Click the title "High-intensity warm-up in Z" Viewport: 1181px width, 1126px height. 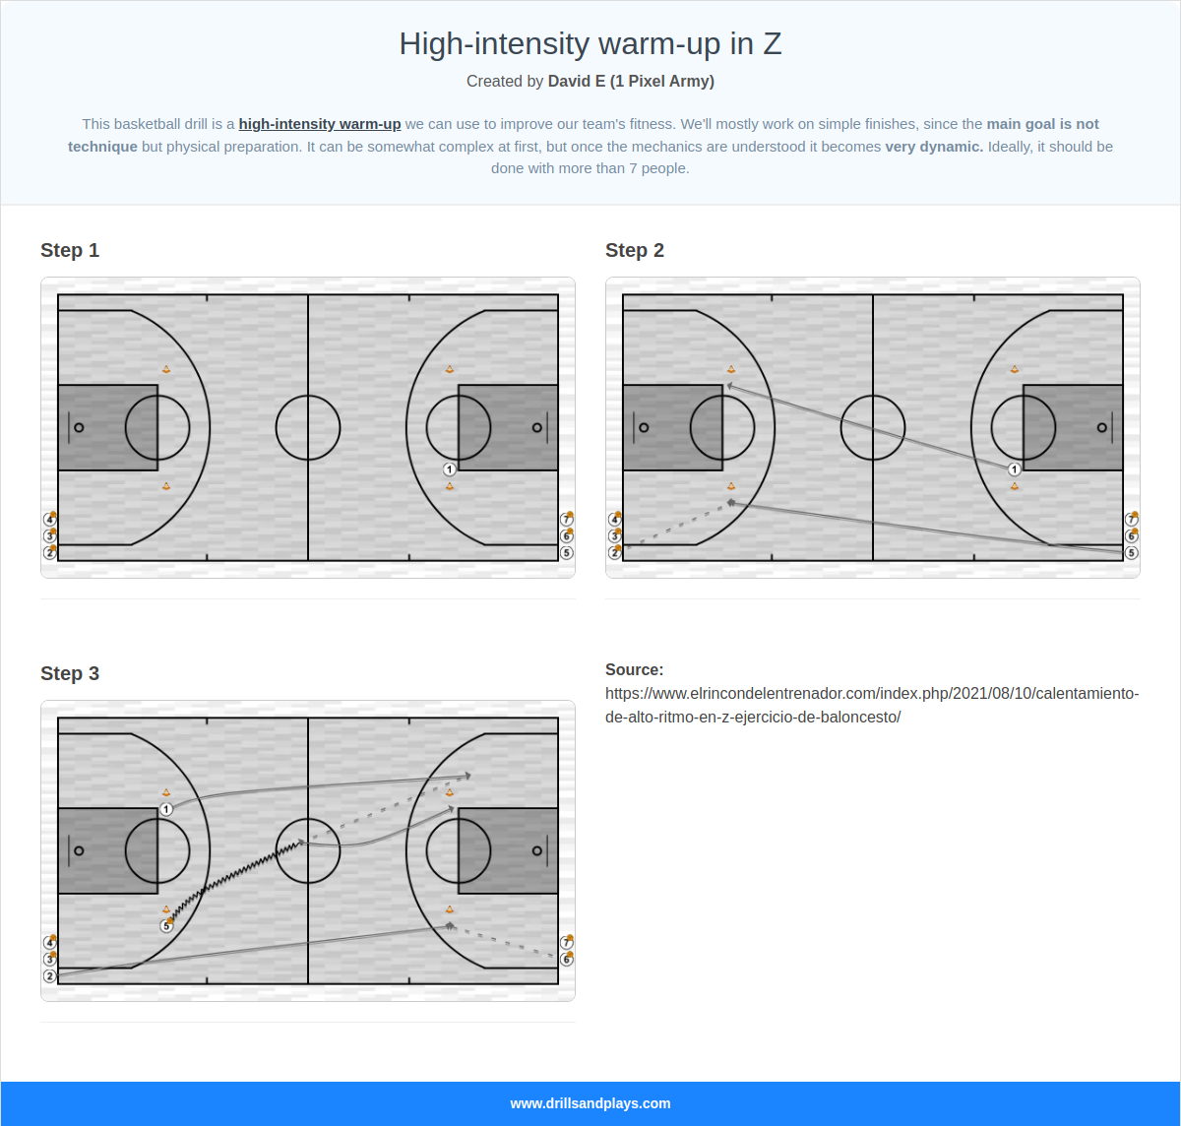click(590, 44)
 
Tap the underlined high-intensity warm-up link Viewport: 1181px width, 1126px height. click(319, 124)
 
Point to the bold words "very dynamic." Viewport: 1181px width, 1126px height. click(933, 147)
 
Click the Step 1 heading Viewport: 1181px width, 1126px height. click(70, 250)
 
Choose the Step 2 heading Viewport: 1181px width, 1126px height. click(635, 250)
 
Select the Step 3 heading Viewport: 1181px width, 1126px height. click(70, 673)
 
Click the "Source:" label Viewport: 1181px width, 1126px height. click(634, 669)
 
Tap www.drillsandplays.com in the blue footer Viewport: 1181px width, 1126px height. click(590, 1103)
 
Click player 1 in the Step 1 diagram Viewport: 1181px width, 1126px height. click(450, 469)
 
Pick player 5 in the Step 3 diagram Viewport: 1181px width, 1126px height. click(166, 926)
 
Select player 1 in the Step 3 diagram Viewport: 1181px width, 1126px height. click(166, 809)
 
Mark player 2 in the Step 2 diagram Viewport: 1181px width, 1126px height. click(615, 553)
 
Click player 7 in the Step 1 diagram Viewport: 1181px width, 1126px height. click(566, 520)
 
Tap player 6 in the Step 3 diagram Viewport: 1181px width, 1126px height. click(566, 959)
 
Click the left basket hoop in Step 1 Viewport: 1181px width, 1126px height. click(79, 427)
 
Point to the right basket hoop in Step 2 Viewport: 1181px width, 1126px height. click(1101, 427)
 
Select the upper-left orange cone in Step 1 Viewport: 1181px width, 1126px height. click(166, 370)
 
